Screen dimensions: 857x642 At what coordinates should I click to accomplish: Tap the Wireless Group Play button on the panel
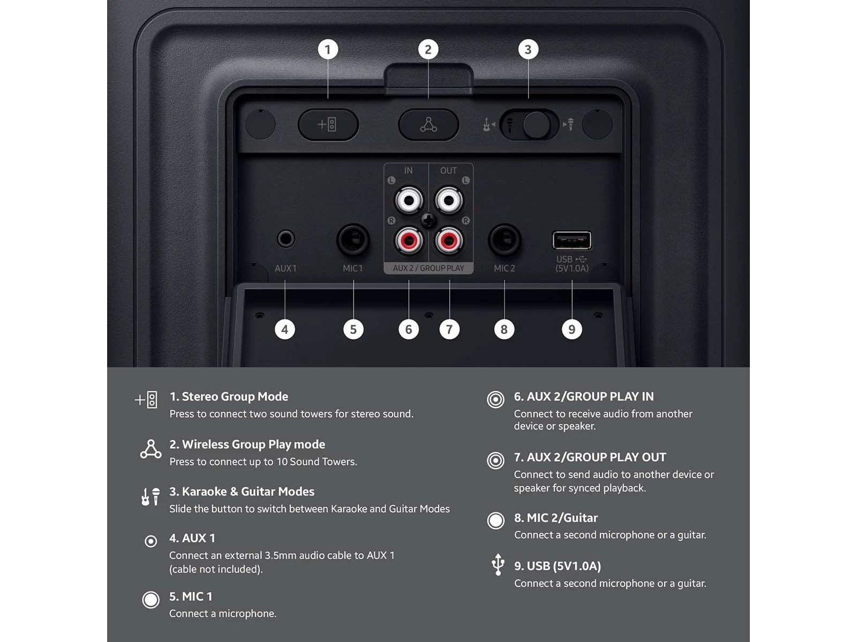click(428, 125)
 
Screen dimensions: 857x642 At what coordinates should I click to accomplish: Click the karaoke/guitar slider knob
click(537, 125)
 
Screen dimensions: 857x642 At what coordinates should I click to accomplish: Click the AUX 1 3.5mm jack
click(285, 239)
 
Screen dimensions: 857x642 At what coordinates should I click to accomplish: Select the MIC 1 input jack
click(353, 239)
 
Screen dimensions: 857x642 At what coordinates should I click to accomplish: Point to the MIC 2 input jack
click(504, 239)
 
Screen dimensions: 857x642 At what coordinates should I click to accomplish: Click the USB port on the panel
click(572, 240)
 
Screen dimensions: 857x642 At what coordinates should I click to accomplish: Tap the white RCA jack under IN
click(409, 200)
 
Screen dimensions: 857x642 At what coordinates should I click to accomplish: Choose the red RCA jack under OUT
click(449, 241)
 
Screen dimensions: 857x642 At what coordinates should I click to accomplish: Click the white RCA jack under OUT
click(449, 200)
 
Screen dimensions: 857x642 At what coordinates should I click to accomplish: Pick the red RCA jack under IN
click(409, 241)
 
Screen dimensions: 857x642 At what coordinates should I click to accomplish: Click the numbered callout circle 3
click(528, 50)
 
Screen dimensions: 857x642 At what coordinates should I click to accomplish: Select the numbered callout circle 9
click(572, 330)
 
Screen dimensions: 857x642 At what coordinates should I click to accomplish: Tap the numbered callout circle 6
click(408, 330)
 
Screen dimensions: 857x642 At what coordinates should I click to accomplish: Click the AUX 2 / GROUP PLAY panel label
click(428, 268)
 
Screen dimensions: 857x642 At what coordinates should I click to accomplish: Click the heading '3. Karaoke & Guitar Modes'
click(242, 492)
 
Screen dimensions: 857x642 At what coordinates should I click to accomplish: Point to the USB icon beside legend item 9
click(498, 564)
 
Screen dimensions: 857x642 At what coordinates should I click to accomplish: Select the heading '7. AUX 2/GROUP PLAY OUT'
click(590, 457)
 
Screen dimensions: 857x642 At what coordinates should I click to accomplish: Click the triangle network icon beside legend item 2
click(151, 449)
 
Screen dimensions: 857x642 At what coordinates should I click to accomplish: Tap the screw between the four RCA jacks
click(428, 220)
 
